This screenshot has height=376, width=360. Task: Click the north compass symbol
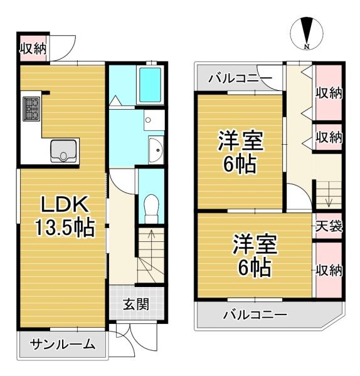click(x=307, y=33)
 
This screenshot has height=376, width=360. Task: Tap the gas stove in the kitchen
click(x=31, y=109)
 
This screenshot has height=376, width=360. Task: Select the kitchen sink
click(x=63, y=151)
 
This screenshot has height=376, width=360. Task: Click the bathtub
click(x=150, y=85)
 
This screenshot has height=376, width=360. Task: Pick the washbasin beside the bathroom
click(x=156, y=150)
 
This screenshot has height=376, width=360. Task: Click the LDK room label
click(x=64, y=204)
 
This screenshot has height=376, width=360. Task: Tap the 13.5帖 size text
click(x=65, y=227)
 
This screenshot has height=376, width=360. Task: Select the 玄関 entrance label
click(x=136, y=305)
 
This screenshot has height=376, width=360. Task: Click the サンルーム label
click(x=62, y=345)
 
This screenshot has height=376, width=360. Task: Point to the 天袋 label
click(x=329, y=226)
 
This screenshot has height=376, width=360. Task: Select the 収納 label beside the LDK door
click(x=33, y=49)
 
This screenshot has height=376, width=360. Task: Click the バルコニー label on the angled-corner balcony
click(x=255, y=315)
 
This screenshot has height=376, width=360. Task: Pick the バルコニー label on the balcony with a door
click(x=240, y=78)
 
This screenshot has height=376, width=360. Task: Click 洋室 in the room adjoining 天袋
click(x=255, y=244)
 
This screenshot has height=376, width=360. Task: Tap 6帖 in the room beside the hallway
click(x=240, y=164)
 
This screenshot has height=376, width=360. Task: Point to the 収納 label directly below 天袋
click(x=329, y=271)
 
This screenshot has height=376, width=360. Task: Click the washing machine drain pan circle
click(x=148, y=120)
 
